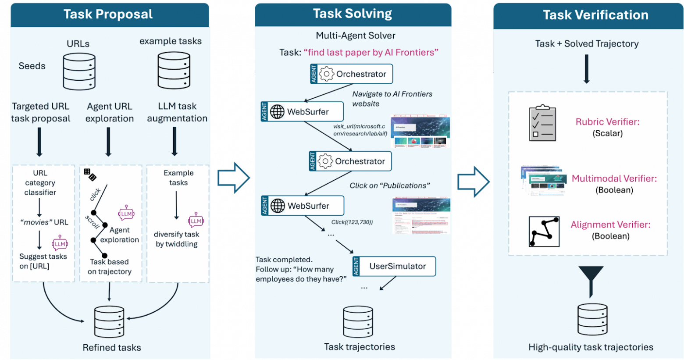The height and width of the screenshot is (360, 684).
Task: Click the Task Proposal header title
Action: click(x=108, y=14)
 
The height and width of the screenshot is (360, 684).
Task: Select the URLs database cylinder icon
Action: click(x=79, y=71)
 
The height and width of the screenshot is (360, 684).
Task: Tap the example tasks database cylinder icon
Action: click(x=174, y=70)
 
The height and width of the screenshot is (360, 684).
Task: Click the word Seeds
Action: click(x=32, y=66)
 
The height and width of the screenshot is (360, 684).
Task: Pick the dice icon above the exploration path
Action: click(x=90, y=175)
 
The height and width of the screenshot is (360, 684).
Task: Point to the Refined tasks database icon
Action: click(x=109, y=321)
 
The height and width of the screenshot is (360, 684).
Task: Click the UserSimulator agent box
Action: click(x=394, y=266)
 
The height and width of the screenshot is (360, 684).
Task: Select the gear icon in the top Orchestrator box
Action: click(x=326, y=74)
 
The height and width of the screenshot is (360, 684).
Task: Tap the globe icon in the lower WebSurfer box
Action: click(x=278, y=206)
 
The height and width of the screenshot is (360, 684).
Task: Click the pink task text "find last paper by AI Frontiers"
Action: click(x=370, y=53)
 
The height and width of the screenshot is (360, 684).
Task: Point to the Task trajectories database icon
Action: click(x=358, y=321)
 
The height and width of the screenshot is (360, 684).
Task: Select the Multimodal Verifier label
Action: click(x=614, y=178)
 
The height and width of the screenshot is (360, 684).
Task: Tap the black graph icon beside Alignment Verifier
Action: click(x=544, y=232)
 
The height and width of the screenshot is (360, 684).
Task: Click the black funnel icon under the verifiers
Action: click(x=591, y=279)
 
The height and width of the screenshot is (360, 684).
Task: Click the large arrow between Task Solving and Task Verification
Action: click(x=473, y=181)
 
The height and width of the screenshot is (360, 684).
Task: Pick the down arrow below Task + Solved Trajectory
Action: click(x=586, y=69)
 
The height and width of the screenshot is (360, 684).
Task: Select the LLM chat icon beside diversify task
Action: click(x=196, y=221)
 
